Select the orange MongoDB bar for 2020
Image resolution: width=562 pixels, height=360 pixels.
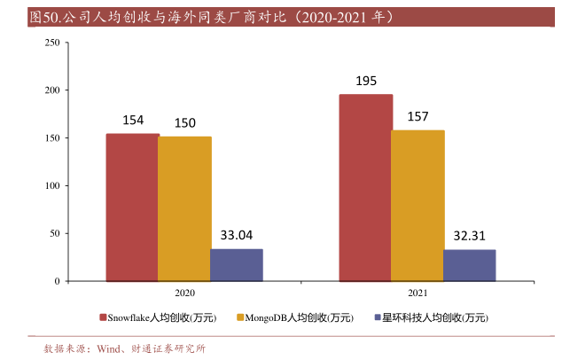[x=184, y=208]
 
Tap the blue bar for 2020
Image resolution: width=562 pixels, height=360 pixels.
[x=237, y=264]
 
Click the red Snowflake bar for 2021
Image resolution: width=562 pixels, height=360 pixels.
[x=365, y=187]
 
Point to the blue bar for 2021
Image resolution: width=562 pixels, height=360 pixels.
[x=470, y=265]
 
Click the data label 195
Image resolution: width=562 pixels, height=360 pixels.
[x=366, y=81]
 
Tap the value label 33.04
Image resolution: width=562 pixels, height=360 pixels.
[x=237, y=235]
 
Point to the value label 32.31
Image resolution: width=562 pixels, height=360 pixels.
[x=470, y=237]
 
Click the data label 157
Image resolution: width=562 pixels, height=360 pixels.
[x=418, y=117]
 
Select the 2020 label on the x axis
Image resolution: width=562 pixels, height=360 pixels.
[x=184, y=293]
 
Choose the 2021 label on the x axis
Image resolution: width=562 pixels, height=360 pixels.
[x=418, y=293]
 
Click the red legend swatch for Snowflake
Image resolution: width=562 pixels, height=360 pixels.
[x=103, y=317]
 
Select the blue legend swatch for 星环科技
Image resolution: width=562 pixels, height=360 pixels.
[x=377, y=317]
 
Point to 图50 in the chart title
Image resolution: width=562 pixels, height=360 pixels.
[x=41, y=16]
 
